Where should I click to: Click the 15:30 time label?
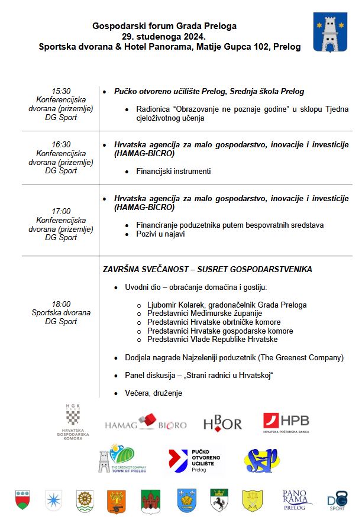click(61, 91)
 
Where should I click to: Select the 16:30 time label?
click(61, 144)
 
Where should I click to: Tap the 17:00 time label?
click(61, 211)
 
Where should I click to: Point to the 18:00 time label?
click(61, 304)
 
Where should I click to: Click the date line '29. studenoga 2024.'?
click(164, 36)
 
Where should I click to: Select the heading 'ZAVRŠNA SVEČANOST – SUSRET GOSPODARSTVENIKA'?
click(208, 269)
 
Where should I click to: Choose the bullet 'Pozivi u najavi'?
click(161, 234)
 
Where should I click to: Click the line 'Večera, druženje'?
click(153, 393)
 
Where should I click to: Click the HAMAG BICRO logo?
click(146, 424)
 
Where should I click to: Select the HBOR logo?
click(222, 422)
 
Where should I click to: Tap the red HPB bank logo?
click(286, 423)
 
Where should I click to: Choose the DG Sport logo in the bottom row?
click(337, 500)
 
